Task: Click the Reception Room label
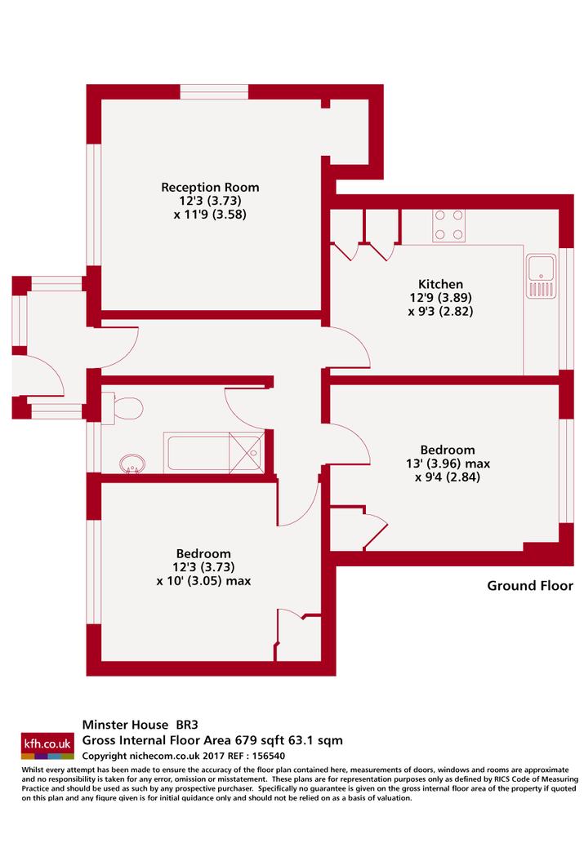[210, 187]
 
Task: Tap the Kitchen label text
[440, 284]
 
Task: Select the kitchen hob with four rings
[449, 225]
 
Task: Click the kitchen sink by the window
[542, 277]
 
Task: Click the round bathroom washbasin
[132, 463]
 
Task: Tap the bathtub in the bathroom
[214, 452]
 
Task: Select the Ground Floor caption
[530, 585]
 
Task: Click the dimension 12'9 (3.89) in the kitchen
[440, 297]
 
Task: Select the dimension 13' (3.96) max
[448, 464]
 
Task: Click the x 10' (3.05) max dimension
[203, 581]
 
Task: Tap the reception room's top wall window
[214, 92]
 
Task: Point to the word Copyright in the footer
[105, 756]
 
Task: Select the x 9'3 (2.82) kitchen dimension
[440, 311]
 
